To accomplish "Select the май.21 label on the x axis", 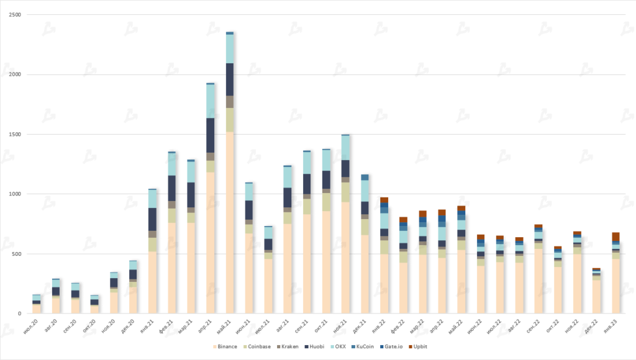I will tap(228, 325).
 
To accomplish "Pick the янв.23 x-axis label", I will tap(614, 325).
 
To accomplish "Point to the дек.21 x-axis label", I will tap(363, 325).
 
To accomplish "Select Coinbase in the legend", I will tap(257, 346).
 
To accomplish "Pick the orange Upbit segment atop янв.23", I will tap(616, 236).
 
